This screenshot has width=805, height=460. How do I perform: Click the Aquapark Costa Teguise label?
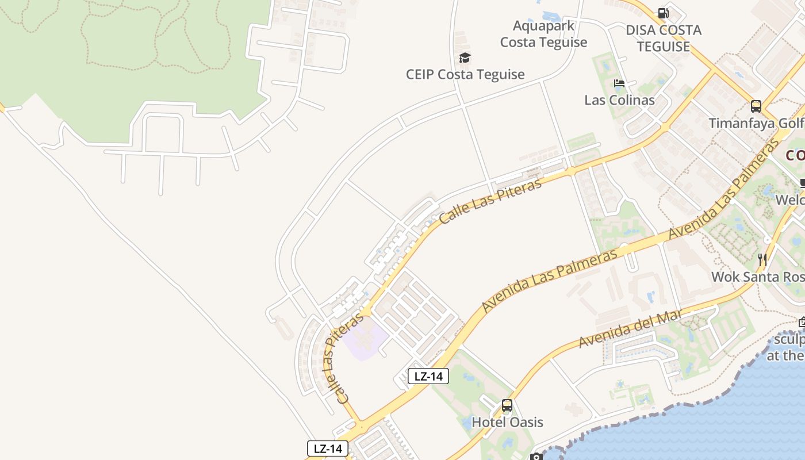click(543, 34)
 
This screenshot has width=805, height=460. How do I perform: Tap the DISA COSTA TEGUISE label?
click(664, 39)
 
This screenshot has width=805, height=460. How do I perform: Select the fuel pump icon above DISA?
click(663, 13)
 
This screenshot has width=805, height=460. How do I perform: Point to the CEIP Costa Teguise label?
click(465, 74)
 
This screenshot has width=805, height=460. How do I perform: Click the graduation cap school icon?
click(465, 57)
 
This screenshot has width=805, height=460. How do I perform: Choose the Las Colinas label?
click(619, 100)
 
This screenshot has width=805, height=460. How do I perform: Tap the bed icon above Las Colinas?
click(619, 83)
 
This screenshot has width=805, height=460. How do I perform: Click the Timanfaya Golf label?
click(756, 124)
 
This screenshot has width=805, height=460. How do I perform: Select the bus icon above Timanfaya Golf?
click(756, 106)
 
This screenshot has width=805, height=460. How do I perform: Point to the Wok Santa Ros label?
click(757, 277)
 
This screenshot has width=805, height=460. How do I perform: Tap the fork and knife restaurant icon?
click(762, 259)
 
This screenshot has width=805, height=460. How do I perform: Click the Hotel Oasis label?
click(507, 422)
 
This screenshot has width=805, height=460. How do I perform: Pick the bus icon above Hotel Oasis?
click(507, 405)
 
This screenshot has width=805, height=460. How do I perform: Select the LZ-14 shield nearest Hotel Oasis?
click(428, 377)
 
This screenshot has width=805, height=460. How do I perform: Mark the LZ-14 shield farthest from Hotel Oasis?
click(328, 448)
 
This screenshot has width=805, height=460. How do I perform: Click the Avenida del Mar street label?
click(630, 329)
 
